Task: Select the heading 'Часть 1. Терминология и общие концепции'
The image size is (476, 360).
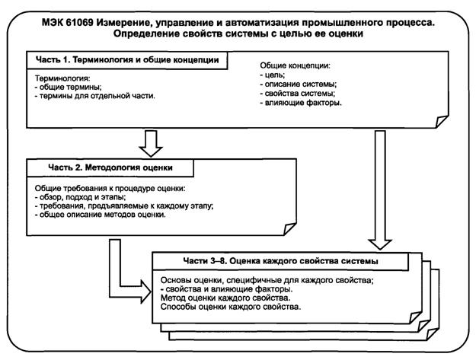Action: point(127,59)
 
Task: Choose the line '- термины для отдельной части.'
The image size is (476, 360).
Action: point(94,97)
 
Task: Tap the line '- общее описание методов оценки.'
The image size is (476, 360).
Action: point(101,215)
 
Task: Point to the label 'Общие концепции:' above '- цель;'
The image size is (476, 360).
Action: point(296,66)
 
